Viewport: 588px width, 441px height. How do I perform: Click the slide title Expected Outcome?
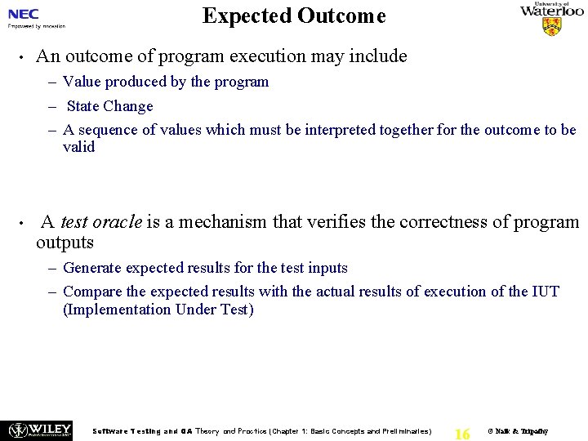pyautogui.click(x=294, y=16)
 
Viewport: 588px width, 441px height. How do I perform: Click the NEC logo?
pyautogui.click(x=24, y=14)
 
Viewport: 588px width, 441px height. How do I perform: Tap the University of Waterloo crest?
pyautogui.click(x=552, y=26)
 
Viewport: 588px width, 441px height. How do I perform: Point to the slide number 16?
pyautogui.click(x=461, y=434)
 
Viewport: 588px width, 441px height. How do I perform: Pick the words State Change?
pyautogui.click(x=109, y=106)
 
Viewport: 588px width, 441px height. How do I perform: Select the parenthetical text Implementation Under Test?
pyautogui.click(x=158, y=310)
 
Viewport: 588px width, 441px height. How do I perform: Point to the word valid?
pyautogui.click(x=78, y=147)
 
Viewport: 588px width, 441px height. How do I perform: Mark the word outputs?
pyautogui.click(x=65, y=243)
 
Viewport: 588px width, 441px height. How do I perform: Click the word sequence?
pyautogui.click(x=109, y=130)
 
